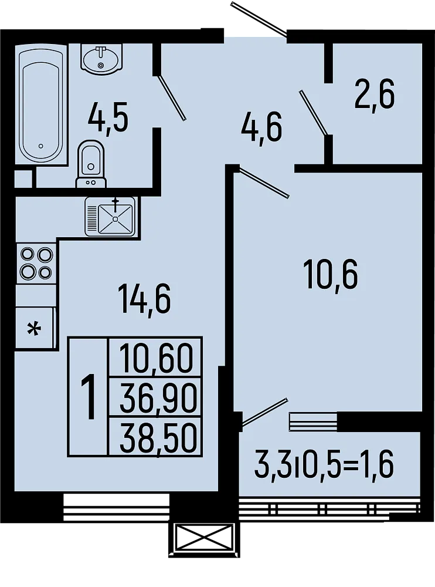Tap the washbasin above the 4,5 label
coord(101,58)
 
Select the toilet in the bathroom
coord(90,164)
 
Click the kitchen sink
coord(111,217)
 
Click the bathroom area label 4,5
coord(108,119)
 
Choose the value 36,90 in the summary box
coord(155,399)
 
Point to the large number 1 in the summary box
coord(89,398)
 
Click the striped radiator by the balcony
coord(314,421)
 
